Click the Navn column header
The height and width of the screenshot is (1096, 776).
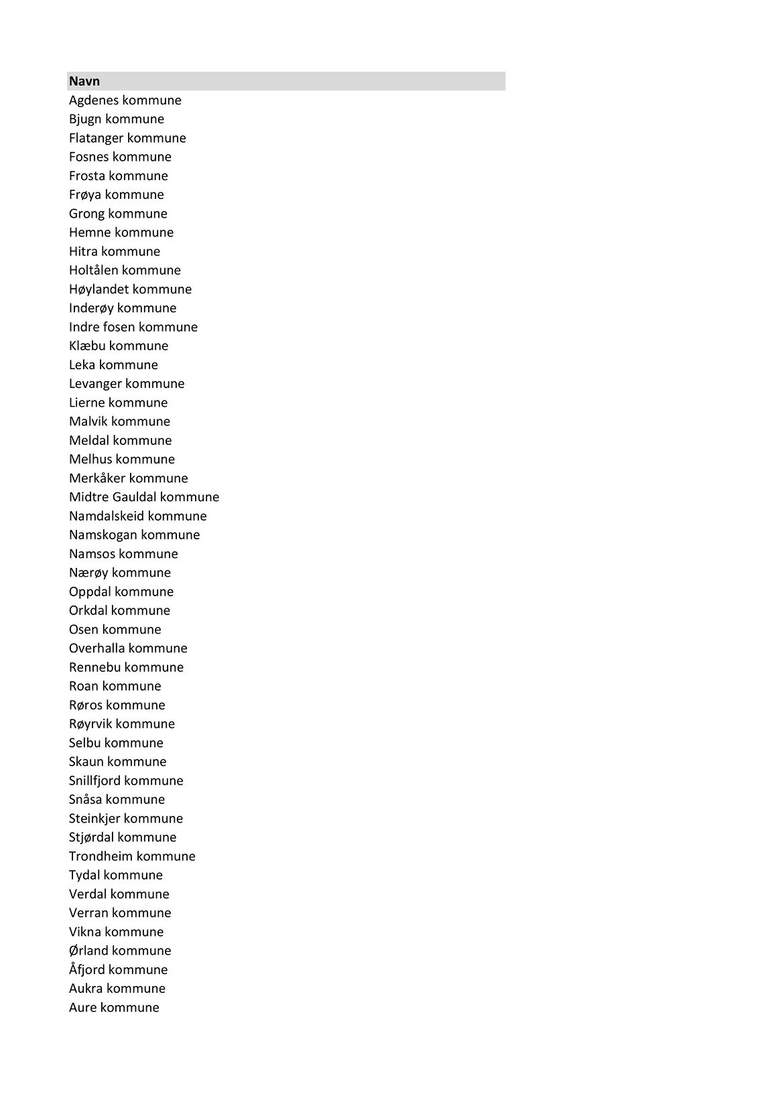[x=84, y=81]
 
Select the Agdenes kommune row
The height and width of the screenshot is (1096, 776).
[x=125, y=100]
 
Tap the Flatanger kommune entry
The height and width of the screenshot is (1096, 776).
[x=127, y=138]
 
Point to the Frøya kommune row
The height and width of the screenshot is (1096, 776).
[x=116, y=195]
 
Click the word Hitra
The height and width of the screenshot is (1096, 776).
[x=83, y=251]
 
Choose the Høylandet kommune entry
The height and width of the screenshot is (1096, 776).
[x=130, y=289]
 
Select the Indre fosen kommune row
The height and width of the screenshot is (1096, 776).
[x=133, y=327]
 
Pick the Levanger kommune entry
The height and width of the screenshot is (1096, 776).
[x=127, y=384]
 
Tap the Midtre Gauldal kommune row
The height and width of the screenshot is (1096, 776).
[x=143, y=497]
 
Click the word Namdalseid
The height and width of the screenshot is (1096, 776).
[x=106, y=516]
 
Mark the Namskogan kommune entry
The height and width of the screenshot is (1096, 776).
[x=134, y=535]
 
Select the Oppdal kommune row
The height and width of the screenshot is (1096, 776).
[x=121, y=592]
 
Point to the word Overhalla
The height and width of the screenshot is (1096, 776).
[x=96, y=648]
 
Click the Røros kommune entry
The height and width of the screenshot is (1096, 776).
[x=117, y=705]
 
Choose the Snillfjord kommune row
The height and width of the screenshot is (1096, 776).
[x=126, y=780]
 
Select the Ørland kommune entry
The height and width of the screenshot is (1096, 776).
[x=120, y=951]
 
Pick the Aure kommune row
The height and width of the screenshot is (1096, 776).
[x=114, y=1008]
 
